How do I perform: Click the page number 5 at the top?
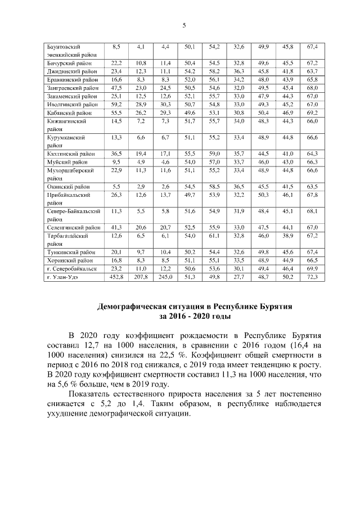pos(183,25)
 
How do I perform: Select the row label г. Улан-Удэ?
pos(63,277)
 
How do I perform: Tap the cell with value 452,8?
pos(116,277)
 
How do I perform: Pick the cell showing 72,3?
pos(312,277)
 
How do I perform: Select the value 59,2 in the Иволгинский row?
pos(116,104)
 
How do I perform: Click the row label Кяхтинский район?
pos(69,153)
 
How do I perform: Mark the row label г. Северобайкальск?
pos(71,269)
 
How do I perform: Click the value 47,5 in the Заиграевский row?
pos(116,88)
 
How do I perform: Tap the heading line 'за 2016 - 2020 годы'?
pos(183,317)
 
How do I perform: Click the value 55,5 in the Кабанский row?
pos(116,112)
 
